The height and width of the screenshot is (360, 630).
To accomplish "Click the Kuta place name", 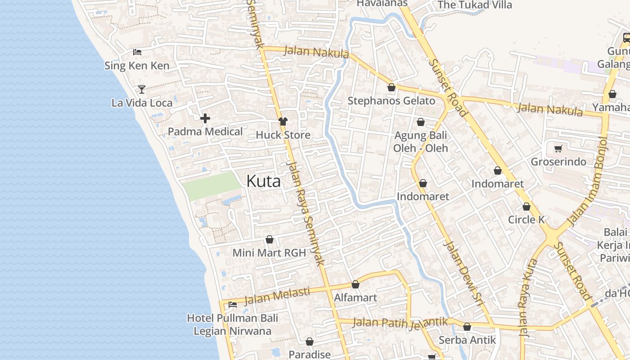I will (264, 181).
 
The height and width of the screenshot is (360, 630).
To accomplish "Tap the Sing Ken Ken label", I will (137, 66).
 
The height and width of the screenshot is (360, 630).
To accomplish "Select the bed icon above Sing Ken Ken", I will (137, 52).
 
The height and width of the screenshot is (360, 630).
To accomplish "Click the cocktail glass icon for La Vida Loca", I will (142, 89).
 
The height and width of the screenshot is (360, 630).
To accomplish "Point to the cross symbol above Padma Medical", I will (205, 118).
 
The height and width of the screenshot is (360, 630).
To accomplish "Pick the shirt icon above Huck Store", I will (283, 121).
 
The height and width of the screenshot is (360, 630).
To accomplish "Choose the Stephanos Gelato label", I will (391, 101).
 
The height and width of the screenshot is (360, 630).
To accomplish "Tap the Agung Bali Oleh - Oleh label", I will (420, 142).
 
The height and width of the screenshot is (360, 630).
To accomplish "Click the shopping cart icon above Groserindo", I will (558, 148).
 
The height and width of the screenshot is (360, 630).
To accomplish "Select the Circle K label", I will (526, 220).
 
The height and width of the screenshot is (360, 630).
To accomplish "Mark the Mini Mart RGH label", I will (269, 253).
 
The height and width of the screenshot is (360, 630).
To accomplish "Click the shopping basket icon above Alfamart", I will (355, 284).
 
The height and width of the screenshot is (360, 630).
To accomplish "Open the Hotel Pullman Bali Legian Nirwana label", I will (232, 324).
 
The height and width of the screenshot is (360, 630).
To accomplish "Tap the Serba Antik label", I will (467, 340).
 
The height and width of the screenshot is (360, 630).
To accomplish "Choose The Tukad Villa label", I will (474, 5).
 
